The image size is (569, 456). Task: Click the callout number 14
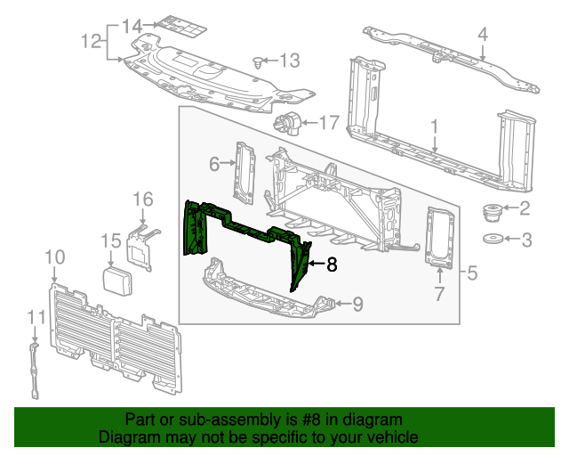tap(132, 24)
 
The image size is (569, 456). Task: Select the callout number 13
tap(291, 61)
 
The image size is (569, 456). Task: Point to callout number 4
tap(483, 36)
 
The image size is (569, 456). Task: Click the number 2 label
tap(525, 209)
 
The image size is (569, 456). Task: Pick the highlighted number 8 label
tap(332, 264)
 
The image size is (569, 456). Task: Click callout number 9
tap(357, 305)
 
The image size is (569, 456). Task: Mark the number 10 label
tap(54, 257)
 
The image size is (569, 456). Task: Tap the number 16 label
tap(143, 199)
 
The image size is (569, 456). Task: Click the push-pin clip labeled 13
tap(258, 62)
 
